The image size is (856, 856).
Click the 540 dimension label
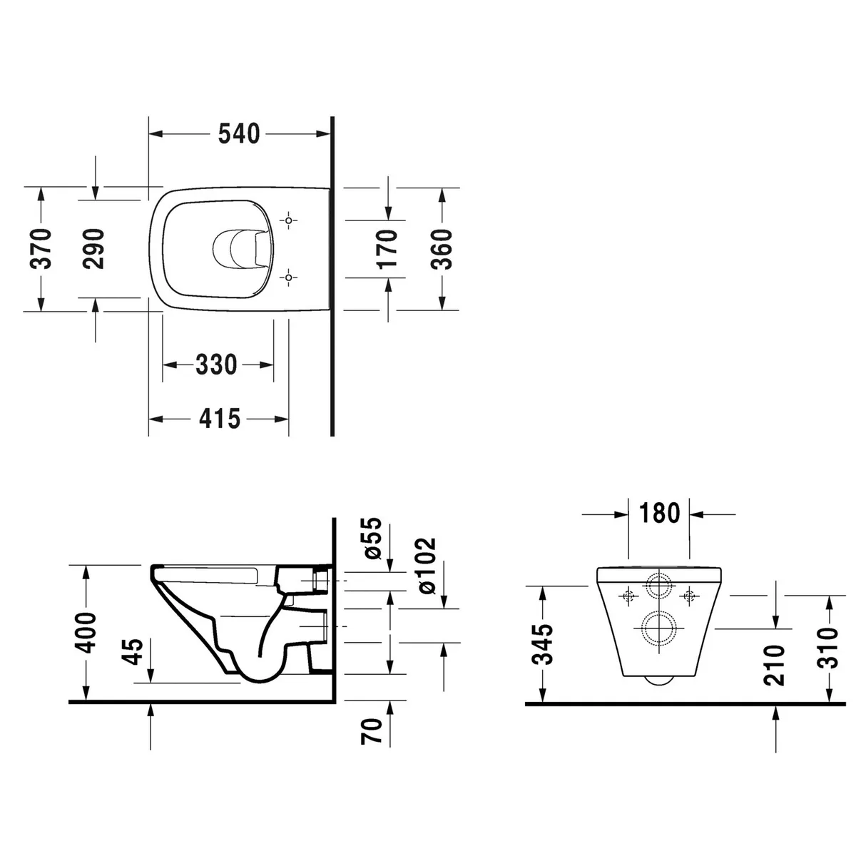point(238,133)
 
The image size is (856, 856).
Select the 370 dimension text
point(41,249)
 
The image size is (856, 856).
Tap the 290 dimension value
point(93,249)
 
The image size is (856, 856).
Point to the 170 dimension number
point(387,249)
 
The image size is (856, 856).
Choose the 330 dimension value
point(216,365)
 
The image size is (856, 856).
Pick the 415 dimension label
point(220,419)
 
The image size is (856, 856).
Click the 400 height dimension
point(85,633)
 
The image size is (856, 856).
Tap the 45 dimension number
point(133,652)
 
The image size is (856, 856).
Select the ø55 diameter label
point(372,538)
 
